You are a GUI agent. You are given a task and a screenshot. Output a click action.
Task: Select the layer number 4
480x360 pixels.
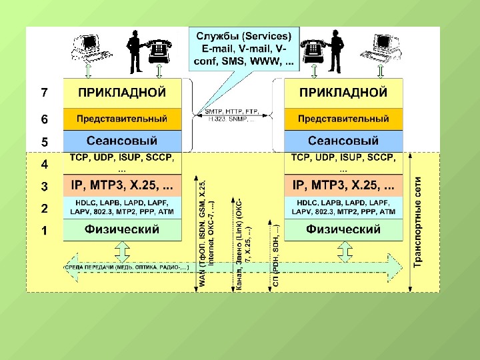44,163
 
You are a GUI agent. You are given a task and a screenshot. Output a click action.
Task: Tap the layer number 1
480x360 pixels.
44,231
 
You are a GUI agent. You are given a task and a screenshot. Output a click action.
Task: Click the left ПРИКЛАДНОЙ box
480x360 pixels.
122,93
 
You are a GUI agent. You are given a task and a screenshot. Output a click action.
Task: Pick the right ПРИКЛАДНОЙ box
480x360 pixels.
344,93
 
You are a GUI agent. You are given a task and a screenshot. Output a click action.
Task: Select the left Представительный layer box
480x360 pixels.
122,119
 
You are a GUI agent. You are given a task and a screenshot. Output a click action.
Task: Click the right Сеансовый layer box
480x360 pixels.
344,141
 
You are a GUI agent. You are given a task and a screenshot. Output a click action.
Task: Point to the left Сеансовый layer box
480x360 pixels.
122,141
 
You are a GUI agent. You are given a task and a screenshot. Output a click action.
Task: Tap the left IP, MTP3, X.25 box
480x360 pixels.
122,185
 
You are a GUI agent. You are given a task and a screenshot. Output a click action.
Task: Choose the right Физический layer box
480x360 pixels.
344,230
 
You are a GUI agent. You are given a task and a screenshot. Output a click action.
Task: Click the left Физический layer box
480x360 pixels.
122,230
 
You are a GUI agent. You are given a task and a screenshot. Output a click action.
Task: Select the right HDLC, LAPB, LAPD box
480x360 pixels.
344,207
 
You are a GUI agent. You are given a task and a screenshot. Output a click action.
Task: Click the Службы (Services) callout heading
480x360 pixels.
241,36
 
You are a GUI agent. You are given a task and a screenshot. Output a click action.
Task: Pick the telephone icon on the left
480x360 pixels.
159,48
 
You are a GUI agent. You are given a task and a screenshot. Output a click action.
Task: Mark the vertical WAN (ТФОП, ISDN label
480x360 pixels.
203,233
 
